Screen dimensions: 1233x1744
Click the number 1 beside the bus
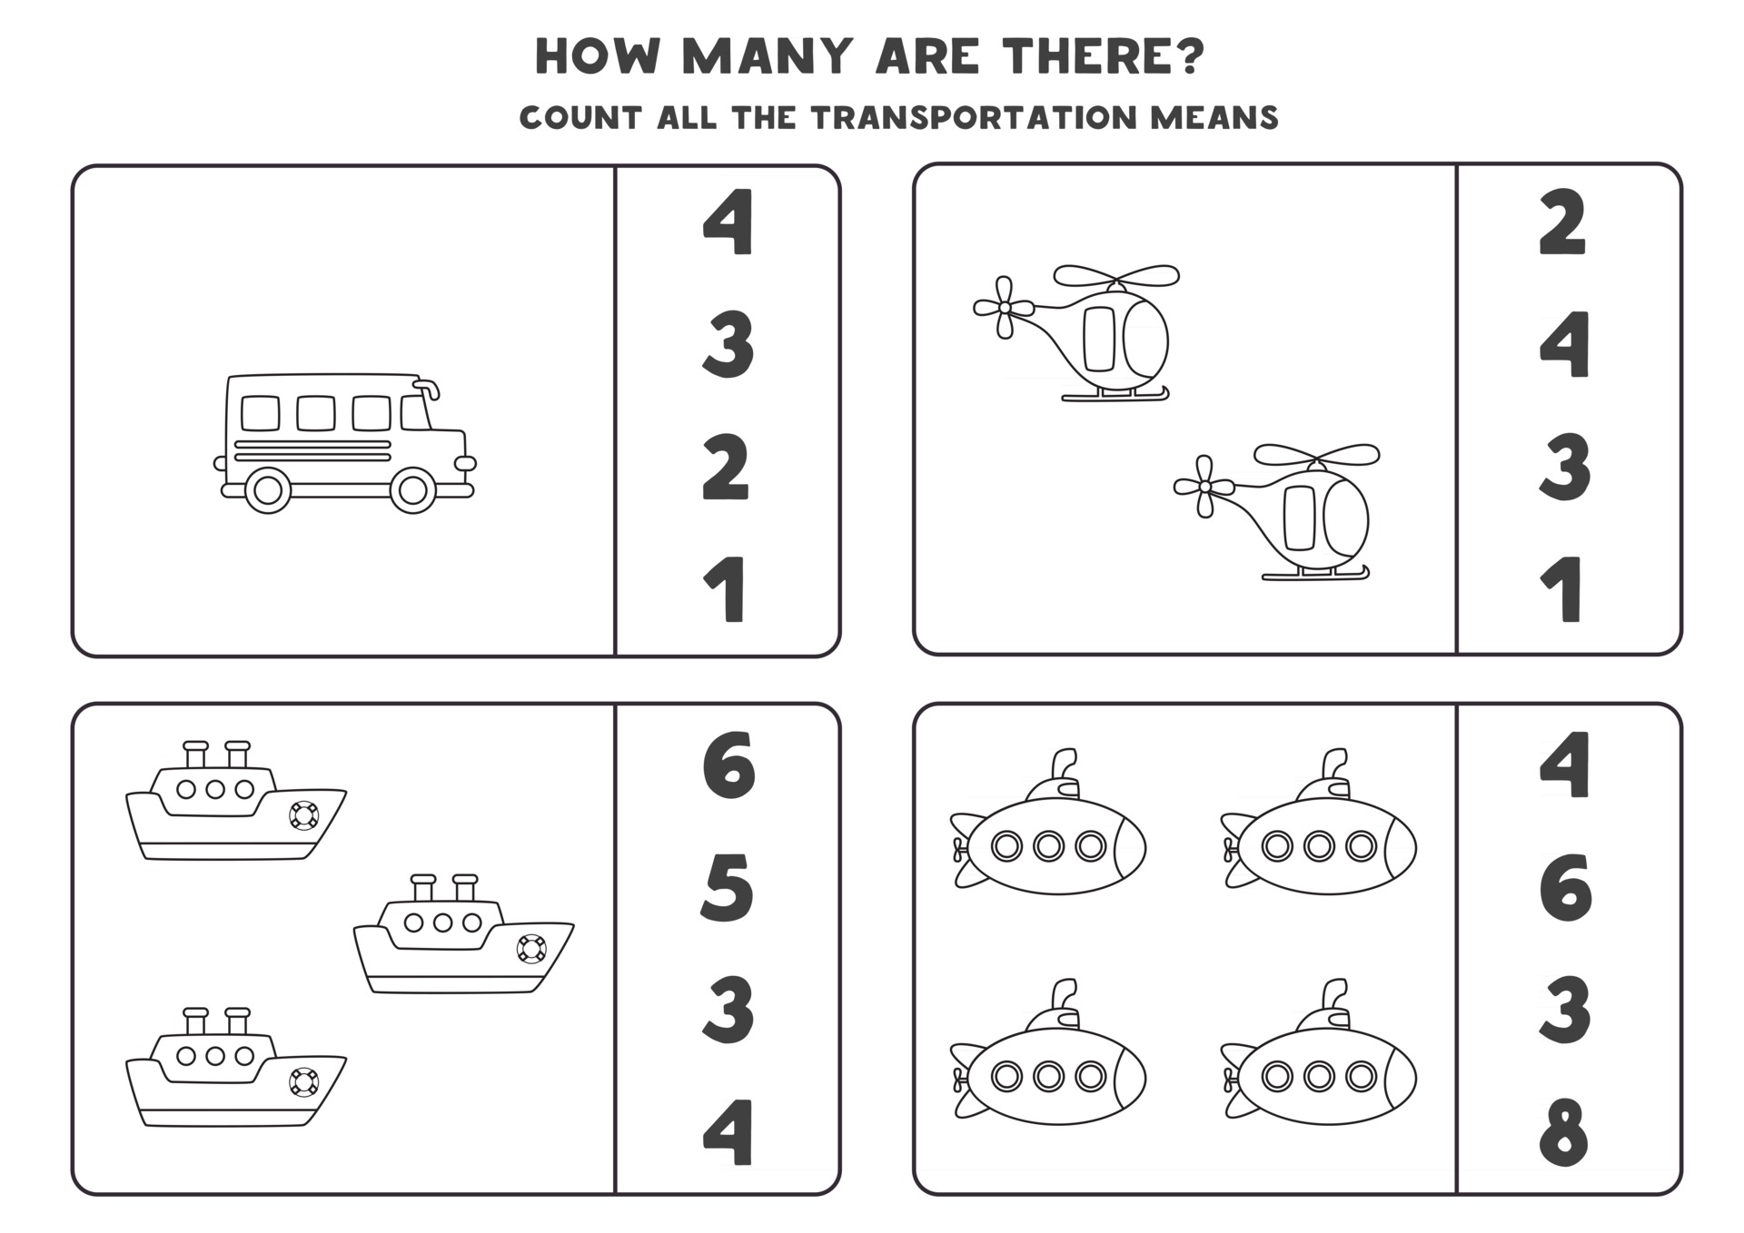pos(727,590)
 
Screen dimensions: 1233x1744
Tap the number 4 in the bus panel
pos(728,222)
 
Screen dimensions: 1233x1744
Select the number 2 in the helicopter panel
pos(1563,222)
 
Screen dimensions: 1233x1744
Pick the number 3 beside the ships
pos(728,1009)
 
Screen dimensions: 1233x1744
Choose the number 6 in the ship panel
pos(728,765)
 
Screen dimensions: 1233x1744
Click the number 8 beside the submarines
pos(1564,1131)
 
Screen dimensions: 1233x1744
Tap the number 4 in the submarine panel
pos(1564,765)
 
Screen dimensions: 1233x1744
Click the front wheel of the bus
pos(412,490)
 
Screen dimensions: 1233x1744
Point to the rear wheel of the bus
pos(267,490)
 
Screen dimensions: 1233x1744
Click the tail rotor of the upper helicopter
pos(1004,308)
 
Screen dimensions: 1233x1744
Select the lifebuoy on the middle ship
pos(530,949)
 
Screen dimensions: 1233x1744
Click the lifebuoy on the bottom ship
pos(303,1082)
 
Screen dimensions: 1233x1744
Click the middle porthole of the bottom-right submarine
pos(1319,1078)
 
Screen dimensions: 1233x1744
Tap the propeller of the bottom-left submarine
pos(959,1080)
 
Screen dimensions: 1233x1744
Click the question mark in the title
pos(1189,56)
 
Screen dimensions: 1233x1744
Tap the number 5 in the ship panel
pos(728,887)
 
